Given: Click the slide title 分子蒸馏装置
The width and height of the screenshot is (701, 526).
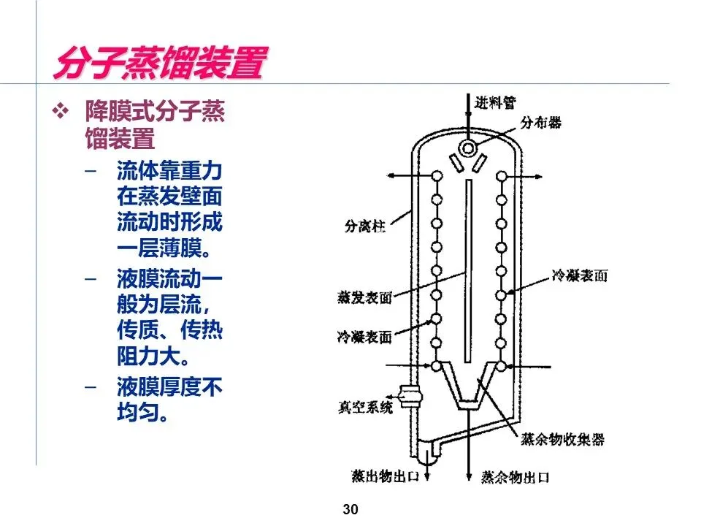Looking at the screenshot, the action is [158, 64].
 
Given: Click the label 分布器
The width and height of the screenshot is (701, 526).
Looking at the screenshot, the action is [541, 123].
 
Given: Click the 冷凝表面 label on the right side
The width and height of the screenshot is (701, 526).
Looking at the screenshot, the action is [580, 275].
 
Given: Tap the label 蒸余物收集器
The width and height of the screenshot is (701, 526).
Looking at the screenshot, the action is [562, 440].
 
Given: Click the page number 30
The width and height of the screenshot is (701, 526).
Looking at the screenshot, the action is [350, 509].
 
